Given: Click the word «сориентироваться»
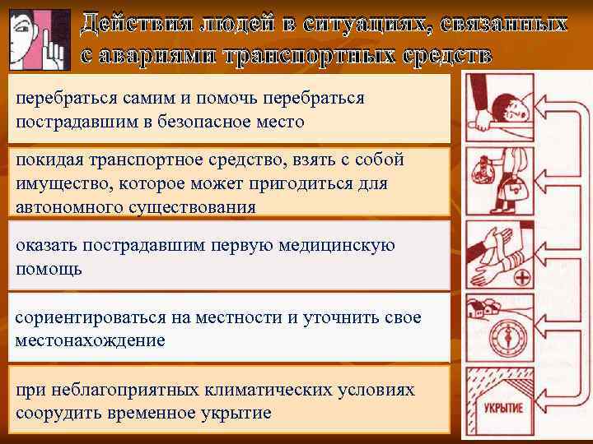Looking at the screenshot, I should pyautogui.click(x=86, y=317).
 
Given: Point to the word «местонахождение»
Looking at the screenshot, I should pyautogui.click(x=90, y=340).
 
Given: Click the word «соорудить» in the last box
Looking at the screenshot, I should pyautogui.click(x=56, y=412).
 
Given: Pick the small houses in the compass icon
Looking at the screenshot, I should pyautogui.click(x=479, y=308).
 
